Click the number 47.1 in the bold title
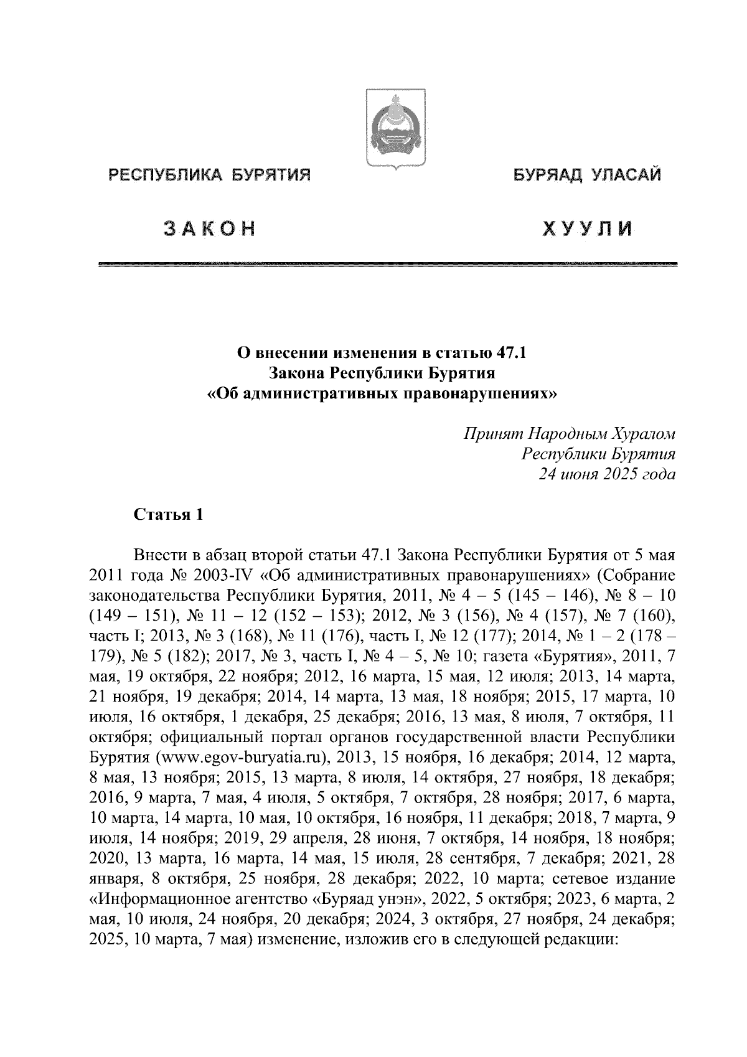(x=512, y=354)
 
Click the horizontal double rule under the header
(x=387, y=265)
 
